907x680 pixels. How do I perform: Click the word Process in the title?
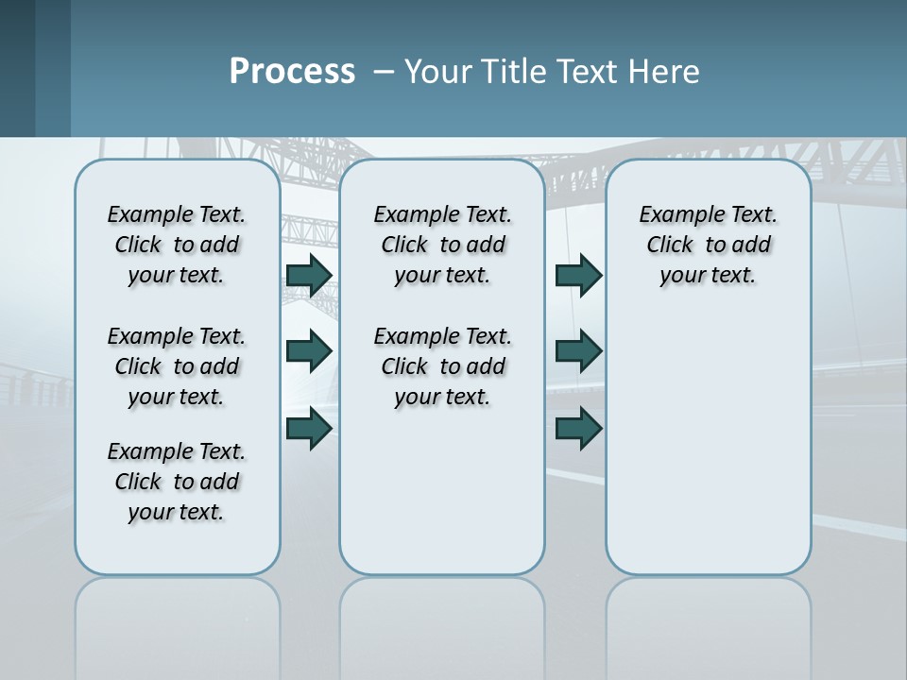[x=292, y=72]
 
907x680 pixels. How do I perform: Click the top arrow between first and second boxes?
[x=309, y=275]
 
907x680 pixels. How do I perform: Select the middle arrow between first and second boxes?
[x=309, y=351]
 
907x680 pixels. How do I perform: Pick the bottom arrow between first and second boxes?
[x=309, y=429]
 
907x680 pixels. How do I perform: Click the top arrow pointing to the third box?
[x=578, y=275]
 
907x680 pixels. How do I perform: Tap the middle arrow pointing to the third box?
[x=578, y=351]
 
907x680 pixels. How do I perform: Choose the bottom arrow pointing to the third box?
[x=578, y=429]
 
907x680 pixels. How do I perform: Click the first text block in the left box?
[x=177, y=245]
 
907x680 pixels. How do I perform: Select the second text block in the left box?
[x=177, y=366]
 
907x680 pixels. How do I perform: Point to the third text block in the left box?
[x=177, y=482]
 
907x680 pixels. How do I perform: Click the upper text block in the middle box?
[x=442, y=245]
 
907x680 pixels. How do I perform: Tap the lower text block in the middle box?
[x=442, y=366]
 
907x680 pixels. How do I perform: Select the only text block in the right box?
[x=708, y=245]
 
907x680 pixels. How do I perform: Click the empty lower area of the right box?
[x=708, y=453]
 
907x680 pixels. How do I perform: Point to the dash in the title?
[x=384, y=73]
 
